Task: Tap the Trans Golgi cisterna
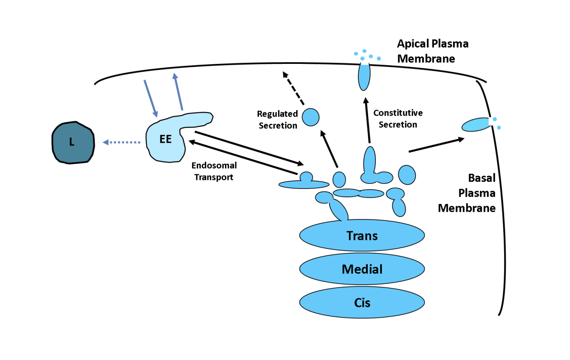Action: point(362,235)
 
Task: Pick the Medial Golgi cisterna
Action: point(362,269)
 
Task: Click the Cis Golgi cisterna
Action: point(362,303)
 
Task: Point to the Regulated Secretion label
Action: point(277,120)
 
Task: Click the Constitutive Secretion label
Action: point(398,119)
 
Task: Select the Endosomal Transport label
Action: point(214,171)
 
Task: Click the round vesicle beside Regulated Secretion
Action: point(311,117)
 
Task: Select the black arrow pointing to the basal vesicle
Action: point(436,145)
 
